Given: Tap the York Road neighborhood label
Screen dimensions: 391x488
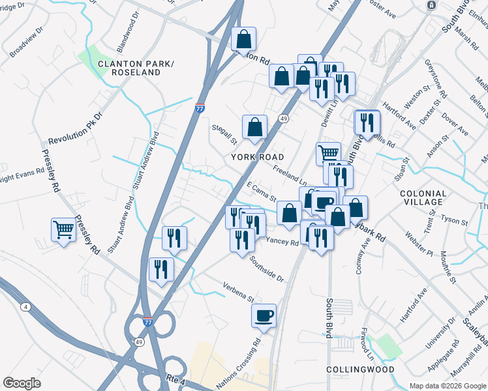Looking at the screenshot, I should point(258,157).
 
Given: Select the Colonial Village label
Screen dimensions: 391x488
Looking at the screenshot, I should point(423,197).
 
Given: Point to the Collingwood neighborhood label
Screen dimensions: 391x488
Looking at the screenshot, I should point(361,369).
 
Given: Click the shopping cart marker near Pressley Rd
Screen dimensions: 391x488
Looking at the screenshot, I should point(63,229).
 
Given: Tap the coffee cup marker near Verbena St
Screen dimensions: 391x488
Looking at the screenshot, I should point(264,315).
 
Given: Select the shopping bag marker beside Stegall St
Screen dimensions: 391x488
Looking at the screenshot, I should point(254,126).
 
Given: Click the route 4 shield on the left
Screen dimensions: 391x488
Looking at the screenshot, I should point(25,306).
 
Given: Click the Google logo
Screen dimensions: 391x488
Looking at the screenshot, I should point(22,383).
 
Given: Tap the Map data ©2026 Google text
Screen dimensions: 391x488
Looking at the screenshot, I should point(447,386).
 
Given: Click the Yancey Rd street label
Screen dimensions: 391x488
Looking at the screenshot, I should point(282,241).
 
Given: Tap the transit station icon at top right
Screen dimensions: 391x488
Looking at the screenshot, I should point(431,5).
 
